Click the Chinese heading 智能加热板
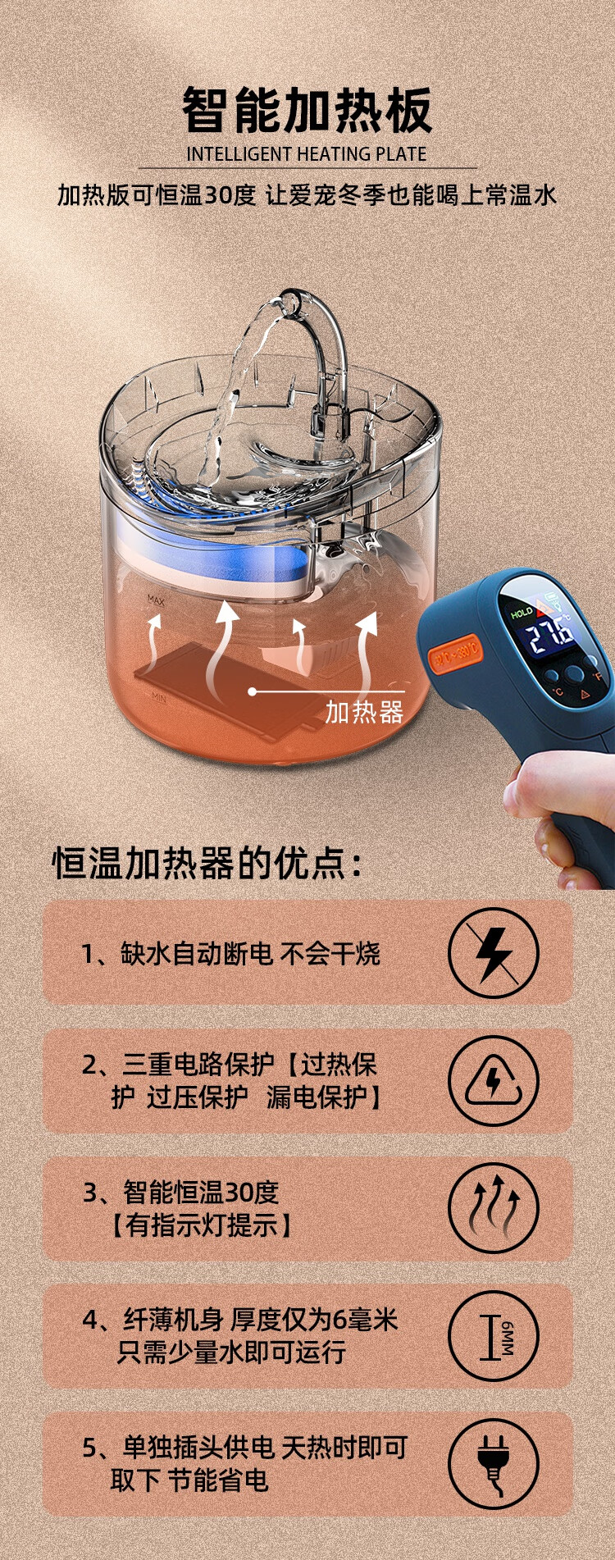[307, 110]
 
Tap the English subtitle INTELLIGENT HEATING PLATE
[307, 154]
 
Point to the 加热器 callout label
[364, 712]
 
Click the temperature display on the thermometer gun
[549, 632]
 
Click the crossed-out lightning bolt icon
[494, 953]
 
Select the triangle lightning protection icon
[494, 1081]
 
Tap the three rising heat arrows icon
[494, 1208]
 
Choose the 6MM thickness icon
[494, 1336]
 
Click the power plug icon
[494, 1465]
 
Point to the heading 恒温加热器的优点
[207, 863]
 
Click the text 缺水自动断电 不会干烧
[230, 953]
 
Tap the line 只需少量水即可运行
[231, 1352]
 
